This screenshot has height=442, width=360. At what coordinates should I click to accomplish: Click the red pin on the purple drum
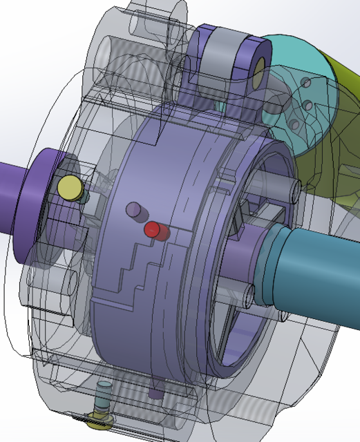coord(152,230)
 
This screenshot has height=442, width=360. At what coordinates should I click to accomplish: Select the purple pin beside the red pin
coord(133,209)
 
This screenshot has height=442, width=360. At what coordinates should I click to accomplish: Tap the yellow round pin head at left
coord(69,187)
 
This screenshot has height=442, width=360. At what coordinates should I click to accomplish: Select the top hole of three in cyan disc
coord(305,84)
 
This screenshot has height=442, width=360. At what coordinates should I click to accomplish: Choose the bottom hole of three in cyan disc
coord(294,124)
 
